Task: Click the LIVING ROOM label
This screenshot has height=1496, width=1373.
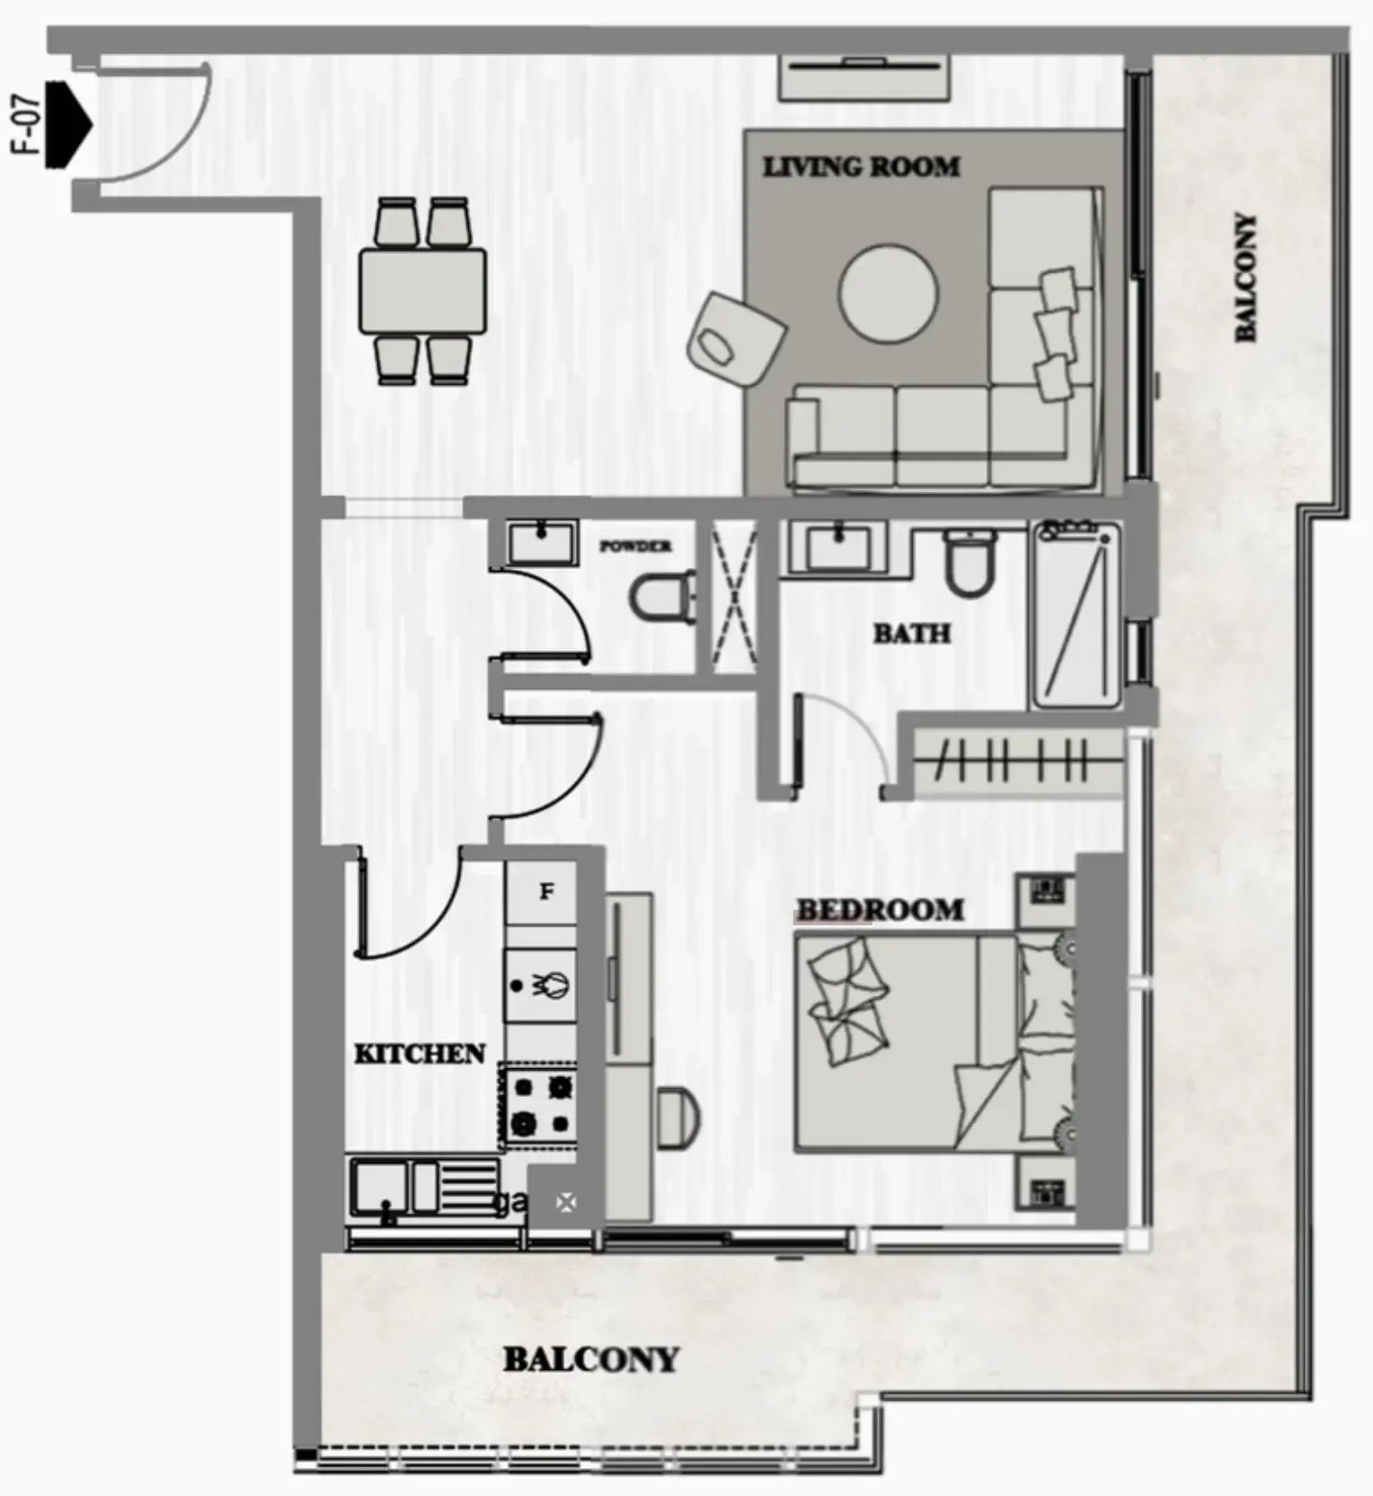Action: coord(861,166)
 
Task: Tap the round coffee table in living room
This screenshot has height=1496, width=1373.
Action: coord(888,293)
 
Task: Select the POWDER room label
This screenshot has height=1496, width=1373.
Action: coord(635,546)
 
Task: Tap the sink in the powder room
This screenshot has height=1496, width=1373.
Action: coord(542,543)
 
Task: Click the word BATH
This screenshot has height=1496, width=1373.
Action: coord(911,633)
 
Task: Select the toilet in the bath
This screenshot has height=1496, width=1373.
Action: coord(969,561)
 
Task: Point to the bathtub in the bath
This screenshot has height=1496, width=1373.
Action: coord(1076,614)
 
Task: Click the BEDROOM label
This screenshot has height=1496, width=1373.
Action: coord(880,910)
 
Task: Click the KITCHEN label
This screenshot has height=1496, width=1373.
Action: coord(419,1054)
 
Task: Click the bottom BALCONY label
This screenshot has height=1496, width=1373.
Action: coord(590,1358)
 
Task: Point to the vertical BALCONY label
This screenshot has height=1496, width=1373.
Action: coord(1245,277)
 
